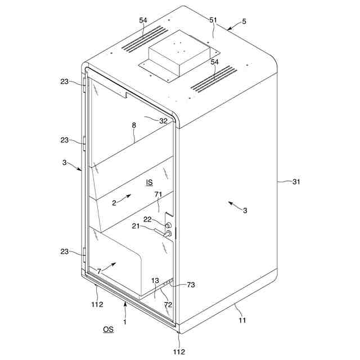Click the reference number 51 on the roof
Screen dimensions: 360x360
click(x=213, y=20)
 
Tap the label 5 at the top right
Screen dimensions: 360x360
click(x=244, y=21)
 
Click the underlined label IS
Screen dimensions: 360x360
click(x=149, y=182)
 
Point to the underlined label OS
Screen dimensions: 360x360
click(x=108, y=329)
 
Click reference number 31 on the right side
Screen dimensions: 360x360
click(x=296, y=182)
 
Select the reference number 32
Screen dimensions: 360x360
click(x=163, y=120)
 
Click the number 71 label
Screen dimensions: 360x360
click(x=159, y=194)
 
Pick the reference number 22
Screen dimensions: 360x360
click(x=147, y=219)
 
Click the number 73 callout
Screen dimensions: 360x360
click(x=191, y=286)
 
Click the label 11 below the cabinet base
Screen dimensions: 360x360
click(x=242, y=320)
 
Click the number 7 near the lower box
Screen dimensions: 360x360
click(x=99, y=271)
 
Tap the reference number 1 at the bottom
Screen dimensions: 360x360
click(x=125, y=322)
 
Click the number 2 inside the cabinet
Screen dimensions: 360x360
click(x=114, y=203)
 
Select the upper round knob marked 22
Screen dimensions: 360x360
click(x=168, y=225)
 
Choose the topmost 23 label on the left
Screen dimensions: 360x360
click(x=65, y=81)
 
